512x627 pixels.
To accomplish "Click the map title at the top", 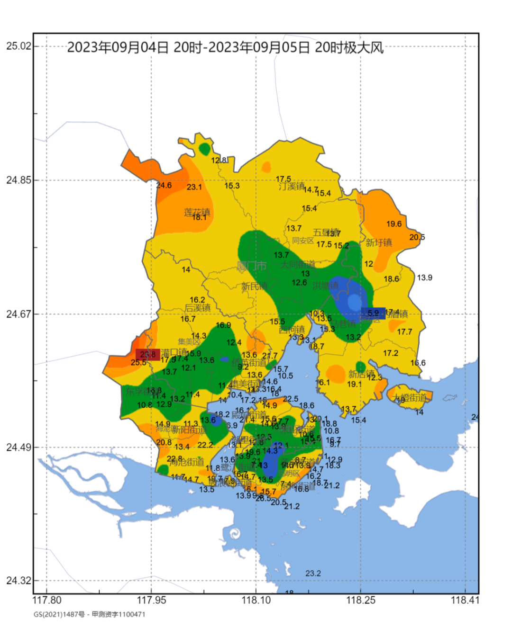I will point(225,48).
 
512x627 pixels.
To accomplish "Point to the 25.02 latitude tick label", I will point(18,46).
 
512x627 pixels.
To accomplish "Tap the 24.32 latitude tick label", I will point(18,580).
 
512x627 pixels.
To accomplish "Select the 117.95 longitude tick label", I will point(151,600).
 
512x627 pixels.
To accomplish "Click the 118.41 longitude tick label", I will point(465,600).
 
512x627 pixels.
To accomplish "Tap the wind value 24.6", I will point(164,185).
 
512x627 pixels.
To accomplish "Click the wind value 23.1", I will point(194,187).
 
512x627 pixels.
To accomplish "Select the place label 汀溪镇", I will point(291,186).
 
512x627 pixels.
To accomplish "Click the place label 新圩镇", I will point(379,242).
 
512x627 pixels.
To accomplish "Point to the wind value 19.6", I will point(393,224).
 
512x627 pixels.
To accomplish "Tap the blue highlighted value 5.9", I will point(373,313).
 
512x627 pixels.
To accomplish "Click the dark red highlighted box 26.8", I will point(147,354).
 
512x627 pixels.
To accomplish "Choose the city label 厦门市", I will point(252,266).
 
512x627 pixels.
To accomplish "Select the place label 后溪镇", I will point(198,308).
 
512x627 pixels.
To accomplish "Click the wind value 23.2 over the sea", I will point(313,573).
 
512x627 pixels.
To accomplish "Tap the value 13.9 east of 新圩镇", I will point(424,278).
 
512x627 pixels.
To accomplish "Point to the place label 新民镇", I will point(254,286).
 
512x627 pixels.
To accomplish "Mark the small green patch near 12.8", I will point(204,149).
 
